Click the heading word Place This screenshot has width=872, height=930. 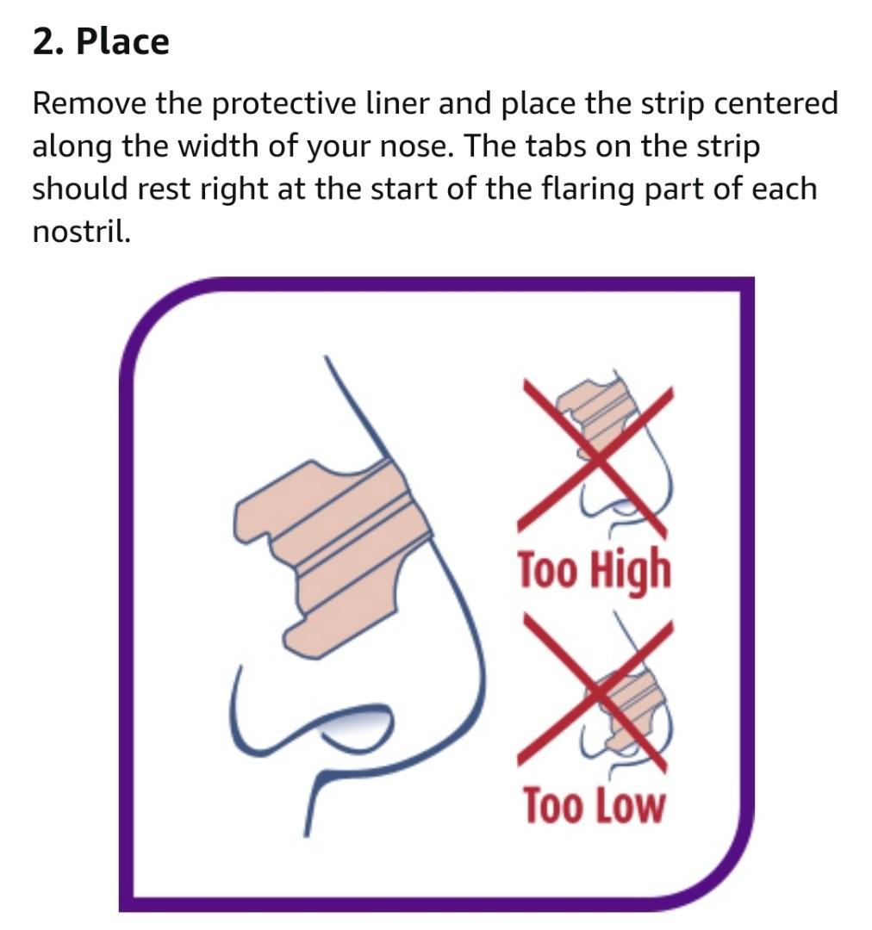pyautogui.click(x=123, y=42)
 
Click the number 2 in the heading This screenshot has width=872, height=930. pyautogui.click(x=45, y=42)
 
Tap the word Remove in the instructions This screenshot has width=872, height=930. pyautogui.click(x=89, y=103)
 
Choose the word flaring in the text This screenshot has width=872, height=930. pyautogui.click(x=587, y=189)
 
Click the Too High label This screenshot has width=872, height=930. pyautogui.click(x=595, y=570)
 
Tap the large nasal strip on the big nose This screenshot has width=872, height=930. pyautogui.click(x=333, y=557)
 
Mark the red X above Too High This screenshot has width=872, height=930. pyautogui.click(x=595, y=458)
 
